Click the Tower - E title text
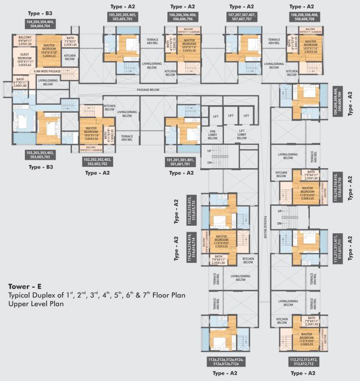coord(27,286)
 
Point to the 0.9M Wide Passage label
coord(47,71)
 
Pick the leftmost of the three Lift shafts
coord(216,115)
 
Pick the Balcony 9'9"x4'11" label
coord(24,41)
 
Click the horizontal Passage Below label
coord(148,90)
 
